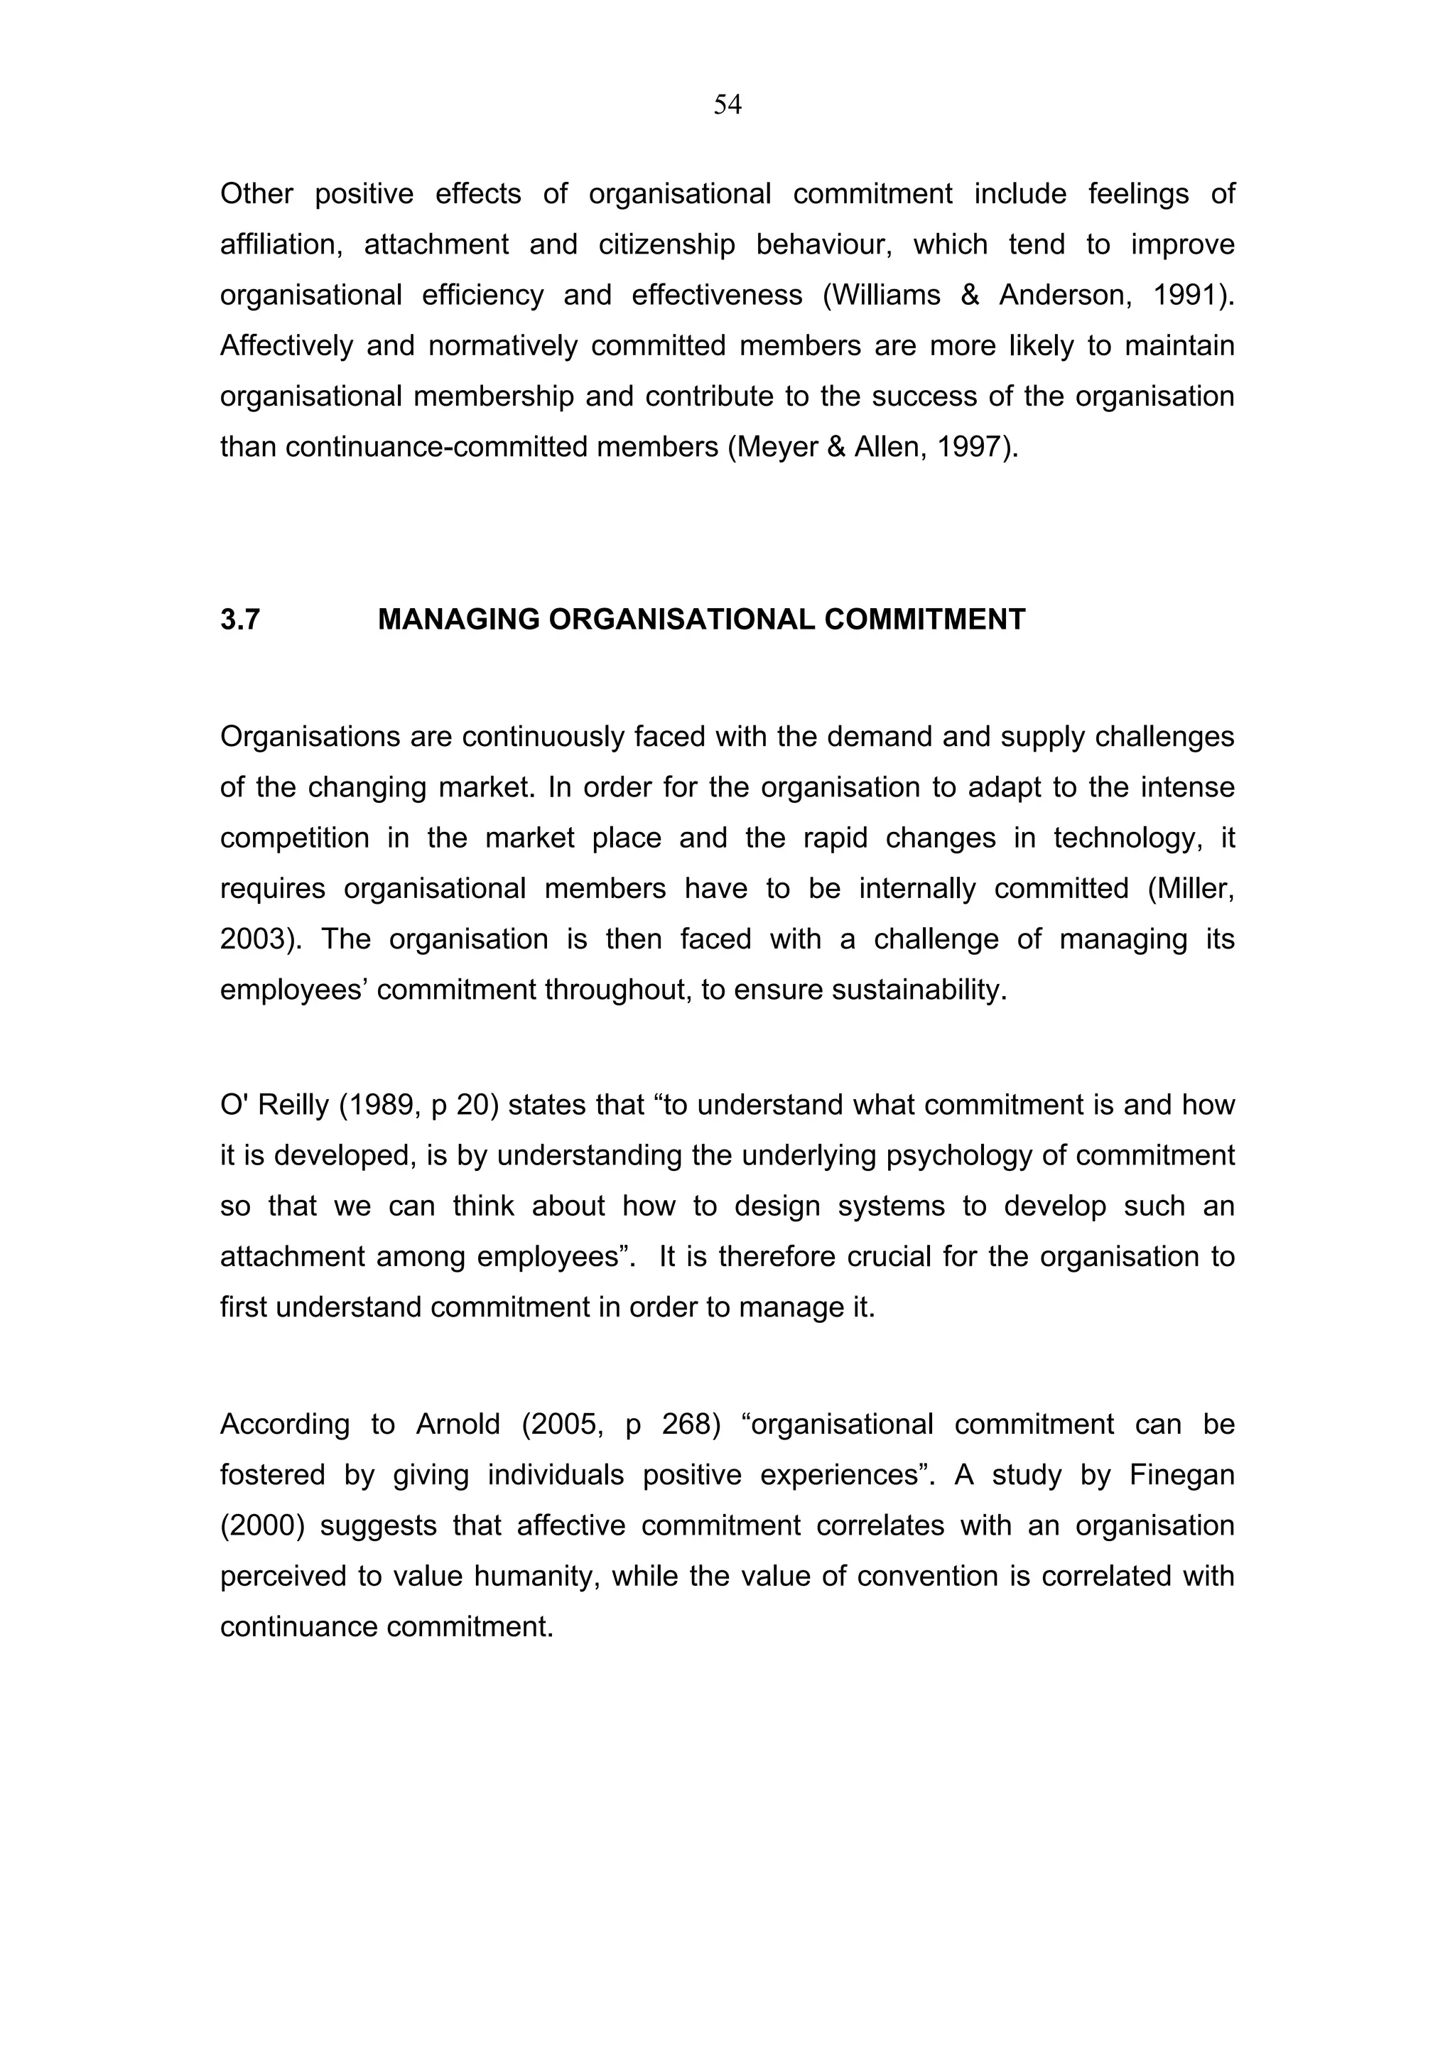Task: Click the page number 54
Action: point(727,105)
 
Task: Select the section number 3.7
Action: point(239,620)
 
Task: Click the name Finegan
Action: point(1181,1475)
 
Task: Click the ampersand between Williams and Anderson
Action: point(969,295)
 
